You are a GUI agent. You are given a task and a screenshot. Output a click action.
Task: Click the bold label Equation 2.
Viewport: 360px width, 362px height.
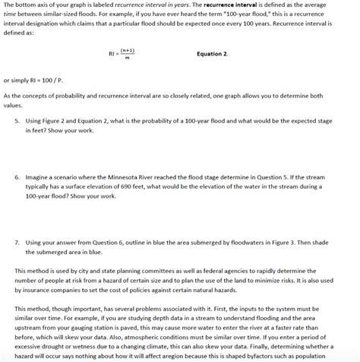click(212, 54)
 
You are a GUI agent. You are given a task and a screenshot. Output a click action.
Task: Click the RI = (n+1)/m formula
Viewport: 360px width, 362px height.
click(122, 54)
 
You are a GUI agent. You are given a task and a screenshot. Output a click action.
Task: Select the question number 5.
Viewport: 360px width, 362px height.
click(16, 119)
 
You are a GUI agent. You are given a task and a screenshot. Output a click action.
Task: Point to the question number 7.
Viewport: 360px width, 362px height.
click(16, 239)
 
